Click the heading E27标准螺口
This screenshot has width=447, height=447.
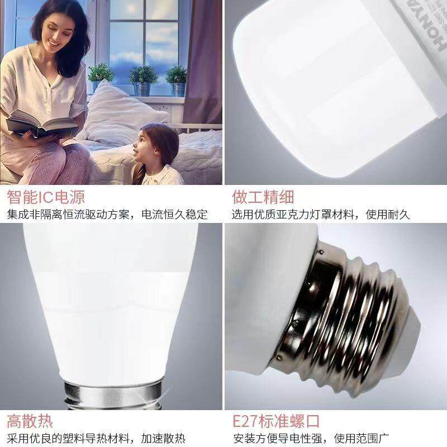coord(276,421)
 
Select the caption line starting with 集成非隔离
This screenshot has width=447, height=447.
coord(107,215)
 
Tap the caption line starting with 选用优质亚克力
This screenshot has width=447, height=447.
coord(321,215)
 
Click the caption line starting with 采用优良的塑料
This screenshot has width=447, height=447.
coord(96,438)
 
